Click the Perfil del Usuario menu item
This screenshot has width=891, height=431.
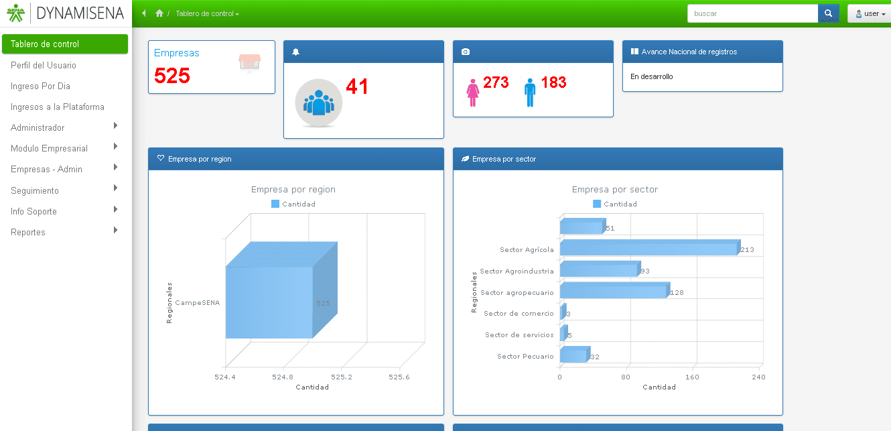pos(44,65)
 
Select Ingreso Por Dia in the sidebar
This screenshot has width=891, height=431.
pos(40,86)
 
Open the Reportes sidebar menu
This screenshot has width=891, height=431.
pos(28,232)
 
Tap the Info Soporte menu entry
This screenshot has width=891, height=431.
pos(33,211)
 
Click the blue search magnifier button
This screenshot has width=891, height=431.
pos(828,13)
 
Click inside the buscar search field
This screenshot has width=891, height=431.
pos(752,13)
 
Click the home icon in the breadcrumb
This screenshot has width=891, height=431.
pos(159,13)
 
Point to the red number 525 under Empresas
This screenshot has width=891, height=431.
pos(172,76)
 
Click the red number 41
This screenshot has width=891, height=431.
pos(357,86)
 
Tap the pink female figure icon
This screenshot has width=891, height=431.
pos(473,93)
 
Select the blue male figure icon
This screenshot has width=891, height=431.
pos(530,93)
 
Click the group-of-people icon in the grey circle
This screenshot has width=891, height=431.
pos(319,102)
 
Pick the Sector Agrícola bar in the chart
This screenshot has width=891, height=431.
pos(648,249)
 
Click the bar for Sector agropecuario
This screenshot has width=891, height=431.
pos(613,291)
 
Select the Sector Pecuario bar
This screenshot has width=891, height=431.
pos(573,355)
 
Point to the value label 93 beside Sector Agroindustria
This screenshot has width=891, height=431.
pos(645,271)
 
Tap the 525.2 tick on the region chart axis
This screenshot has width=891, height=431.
pos(342,377)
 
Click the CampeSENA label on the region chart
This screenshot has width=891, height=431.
pos(198,303)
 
